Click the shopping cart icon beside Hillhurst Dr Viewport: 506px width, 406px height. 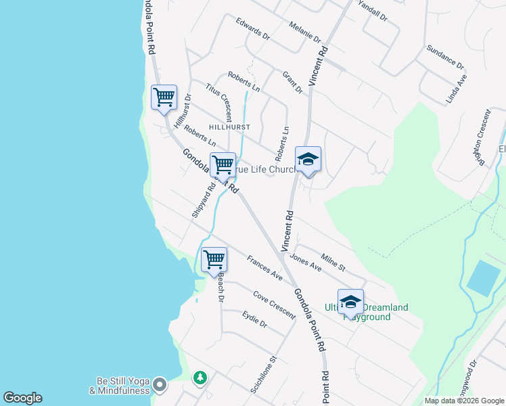point(164,97)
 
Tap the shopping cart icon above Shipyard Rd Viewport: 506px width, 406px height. point(223,165)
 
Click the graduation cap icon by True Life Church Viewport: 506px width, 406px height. point(308,160)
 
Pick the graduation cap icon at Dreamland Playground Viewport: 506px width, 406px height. point(350,302)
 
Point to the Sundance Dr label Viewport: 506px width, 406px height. point(445,58)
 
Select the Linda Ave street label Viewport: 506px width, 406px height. point(457,89)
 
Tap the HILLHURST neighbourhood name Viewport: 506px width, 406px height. point(229,127)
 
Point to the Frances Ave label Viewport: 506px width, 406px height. point(264,267)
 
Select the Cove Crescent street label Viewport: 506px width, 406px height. point(274,304)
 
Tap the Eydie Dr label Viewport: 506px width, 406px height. point(254,319)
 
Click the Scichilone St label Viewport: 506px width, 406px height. point(264,376)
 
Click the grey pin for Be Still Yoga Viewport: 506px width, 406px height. point(160,385)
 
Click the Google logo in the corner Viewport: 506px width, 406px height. point(22,398)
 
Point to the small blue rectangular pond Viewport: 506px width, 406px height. point(484,277)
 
